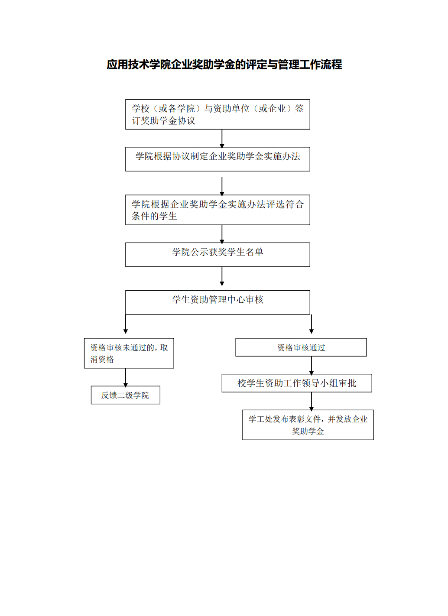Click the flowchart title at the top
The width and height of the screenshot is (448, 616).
224,65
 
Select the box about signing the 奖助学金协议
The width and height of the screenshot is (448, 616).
218,114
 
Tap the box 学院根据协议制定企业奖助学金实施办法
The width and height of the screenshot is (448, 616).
218,159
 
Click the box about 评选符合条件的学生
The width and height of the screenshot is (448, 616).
218,210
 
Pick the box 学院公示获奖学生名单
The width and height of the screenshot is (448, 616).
218,255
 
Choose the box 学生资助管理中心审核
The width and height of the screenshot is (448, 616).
218,302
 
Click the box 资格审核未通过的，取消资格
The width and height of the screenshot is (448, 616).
129,353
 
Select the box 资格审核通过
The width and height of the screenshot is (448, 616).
301,347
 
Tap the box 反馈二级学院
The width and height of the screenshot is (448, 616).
125,395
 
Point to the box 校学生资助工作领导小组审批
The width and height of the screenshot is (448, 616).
297,383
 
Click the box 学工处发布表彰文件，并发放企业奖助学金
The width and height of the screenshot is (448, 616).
308,425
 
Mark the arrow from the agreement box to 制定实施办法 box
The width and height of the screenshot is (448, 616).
222,139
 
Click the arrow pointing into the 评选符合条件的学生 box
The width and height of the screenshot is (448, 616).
222,187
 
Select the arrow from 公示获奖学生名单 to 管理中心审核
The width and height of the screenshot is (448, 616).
222,276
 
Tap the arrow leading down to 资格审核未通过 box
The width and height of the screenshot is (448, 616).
126,324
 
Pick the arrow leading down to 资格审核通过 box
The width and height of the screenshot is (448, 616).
312,324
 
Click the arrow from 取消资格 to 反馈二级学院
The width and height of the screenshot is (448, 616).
126,378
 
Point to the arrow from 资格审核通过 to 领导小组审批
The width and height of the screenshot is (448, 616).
312,366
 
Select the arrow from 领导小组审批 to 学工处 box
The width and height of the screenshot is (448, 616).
312,402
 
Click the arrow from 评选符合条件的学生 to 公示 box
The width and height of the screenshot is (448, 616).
222,234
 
